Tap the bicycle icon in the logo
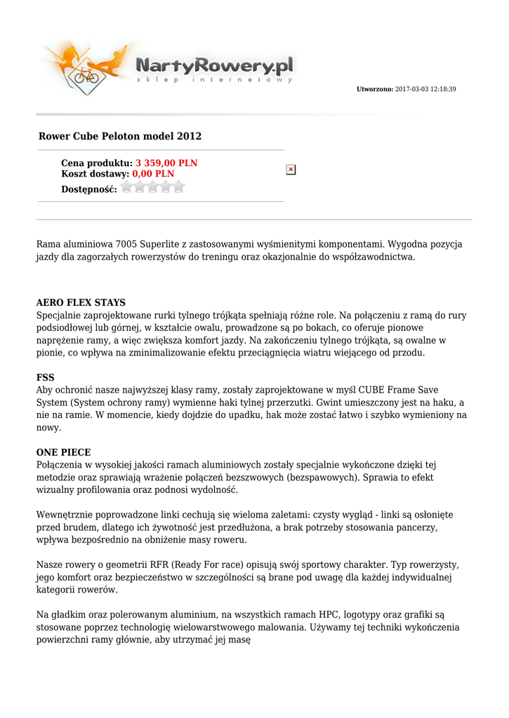(87, 75)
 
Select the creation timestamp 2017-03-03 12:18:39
(425, 90)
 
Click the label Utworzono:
(375, 90)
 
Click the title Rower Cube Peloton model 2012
(119, 136)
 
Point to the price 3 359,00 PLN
(166, 163)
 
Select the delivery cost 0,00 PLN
(153, 174)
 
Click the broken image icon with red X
(291, 170)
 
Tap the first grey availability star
(127, 187)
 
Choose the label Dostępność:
(89, 189)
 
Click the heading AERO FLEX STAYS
(81, 303)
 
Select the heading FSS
(45, 377)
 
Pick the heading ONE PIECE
(63, 452)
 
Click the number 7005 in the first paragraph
(126, 245)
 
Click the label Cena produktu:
(97, 163)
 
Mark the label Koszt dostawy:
(95, 174)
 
